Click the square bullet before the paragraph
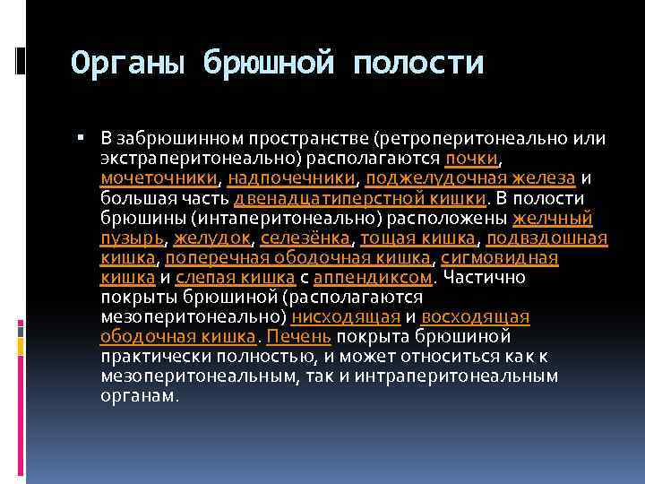(81, 138)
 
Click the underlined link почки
(471, 159)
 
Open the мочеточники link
(159, 178)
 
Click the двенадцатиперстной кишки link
(359, 198)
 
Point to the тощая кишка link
(422, 238)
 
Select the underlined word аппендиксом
(373, 277)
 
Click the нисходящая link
(345, 316)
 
